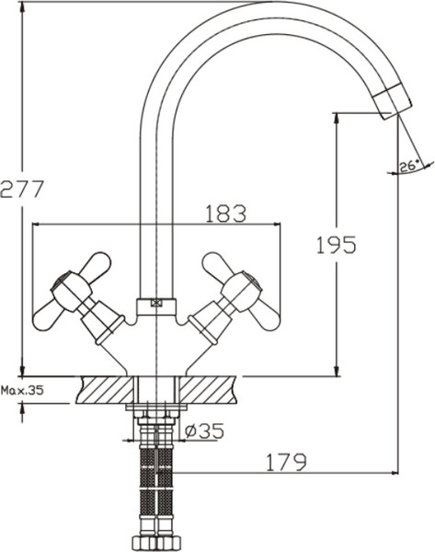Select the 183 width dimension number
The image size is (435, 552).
click(x=224, y=213)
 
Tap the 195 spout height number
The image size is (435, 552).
click(x=335, y=245)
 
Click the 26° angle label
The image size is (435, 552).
click(x=409, y=166)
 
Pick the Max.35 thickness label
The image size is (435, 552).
click(x=22, y=389)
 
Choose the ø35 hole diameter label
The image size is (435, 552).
click(x=204, y=431)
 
